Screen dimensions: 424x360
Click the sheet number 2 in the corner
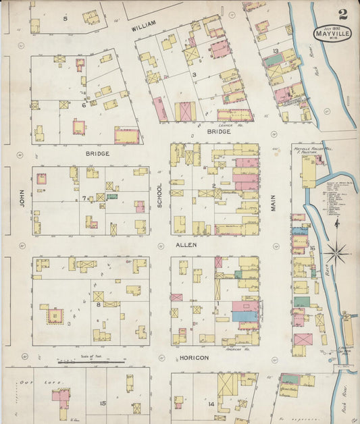pos(343,14)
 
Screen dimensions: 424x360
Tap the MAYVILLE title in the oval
pos(332,33)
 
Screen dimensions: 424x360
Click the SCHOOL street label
pos(160,196)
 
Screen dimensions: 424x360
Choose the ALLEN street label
pos(186,244)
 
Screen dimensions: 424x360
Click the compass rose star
pos(336,255)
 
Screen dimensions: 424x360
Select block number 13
pos(276,51)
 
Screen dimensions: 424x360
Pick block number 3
pos(194,75)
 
